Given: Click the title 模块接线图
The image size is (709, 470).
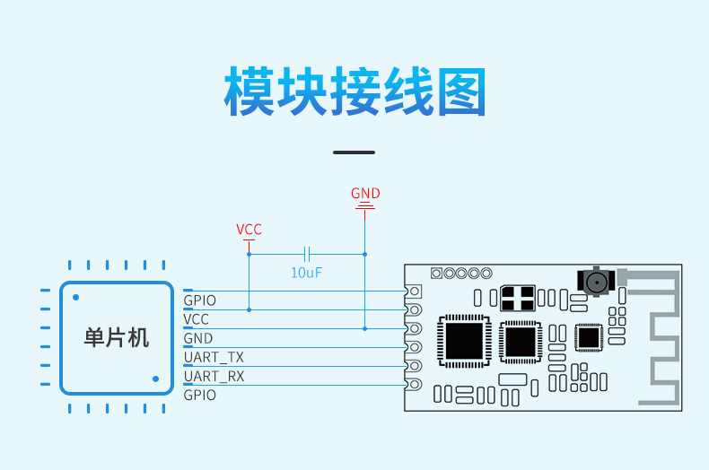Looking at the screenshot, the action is tap(355, 91).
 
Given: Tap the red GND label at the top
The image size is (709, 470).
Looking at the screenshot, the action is tap(365, 194).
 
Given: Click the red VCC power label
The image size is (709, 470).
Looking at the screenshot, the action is tap(249, 230).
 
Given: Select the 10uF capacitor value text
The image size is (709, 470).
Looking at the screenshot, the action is tap(306, 273).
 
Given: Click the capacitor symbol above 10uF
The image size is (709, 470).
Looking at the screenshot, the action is tap(307, 254).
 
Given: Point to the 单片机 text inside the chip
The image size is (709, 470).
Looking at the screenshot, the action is tap(116, 338).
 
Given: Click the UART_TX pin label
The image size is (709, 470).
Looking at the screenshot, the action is tap(214, 358).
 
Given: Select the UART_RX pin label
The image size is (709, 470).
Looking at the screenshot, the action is tap(214, 377).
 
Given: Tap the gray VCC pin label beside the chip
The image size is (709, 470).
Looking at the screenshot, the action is tap(197, 319).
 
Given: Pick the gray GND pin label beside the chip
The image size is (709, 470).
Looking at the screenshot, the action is tap(198, 338).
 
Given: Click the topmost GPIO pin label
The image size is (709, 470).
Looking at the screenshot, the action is tap(200, 300).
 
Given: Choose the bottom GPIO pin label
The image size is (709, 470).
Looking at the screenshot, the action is tap(200, 396).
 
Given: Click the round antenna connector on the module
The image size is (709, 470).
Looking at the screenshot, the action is tap(596, 282).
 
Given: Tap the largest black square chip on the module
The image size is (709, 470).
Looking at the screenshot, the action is tap(464, 341).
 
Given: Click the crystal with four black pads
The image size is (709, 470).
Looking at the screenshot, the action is tap(518, 299).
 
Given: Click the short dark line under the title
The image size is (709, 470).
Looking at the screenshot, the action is tap(354, 152).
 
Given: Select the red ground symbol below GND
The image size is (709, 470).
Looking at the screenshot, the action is tap(365, 207).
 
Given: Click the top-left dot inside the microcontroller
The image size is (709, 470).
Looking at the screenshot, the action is tap(76, 298).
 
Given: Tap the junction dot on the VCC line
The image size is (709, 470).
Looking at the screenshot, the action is tap(249, 310).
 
